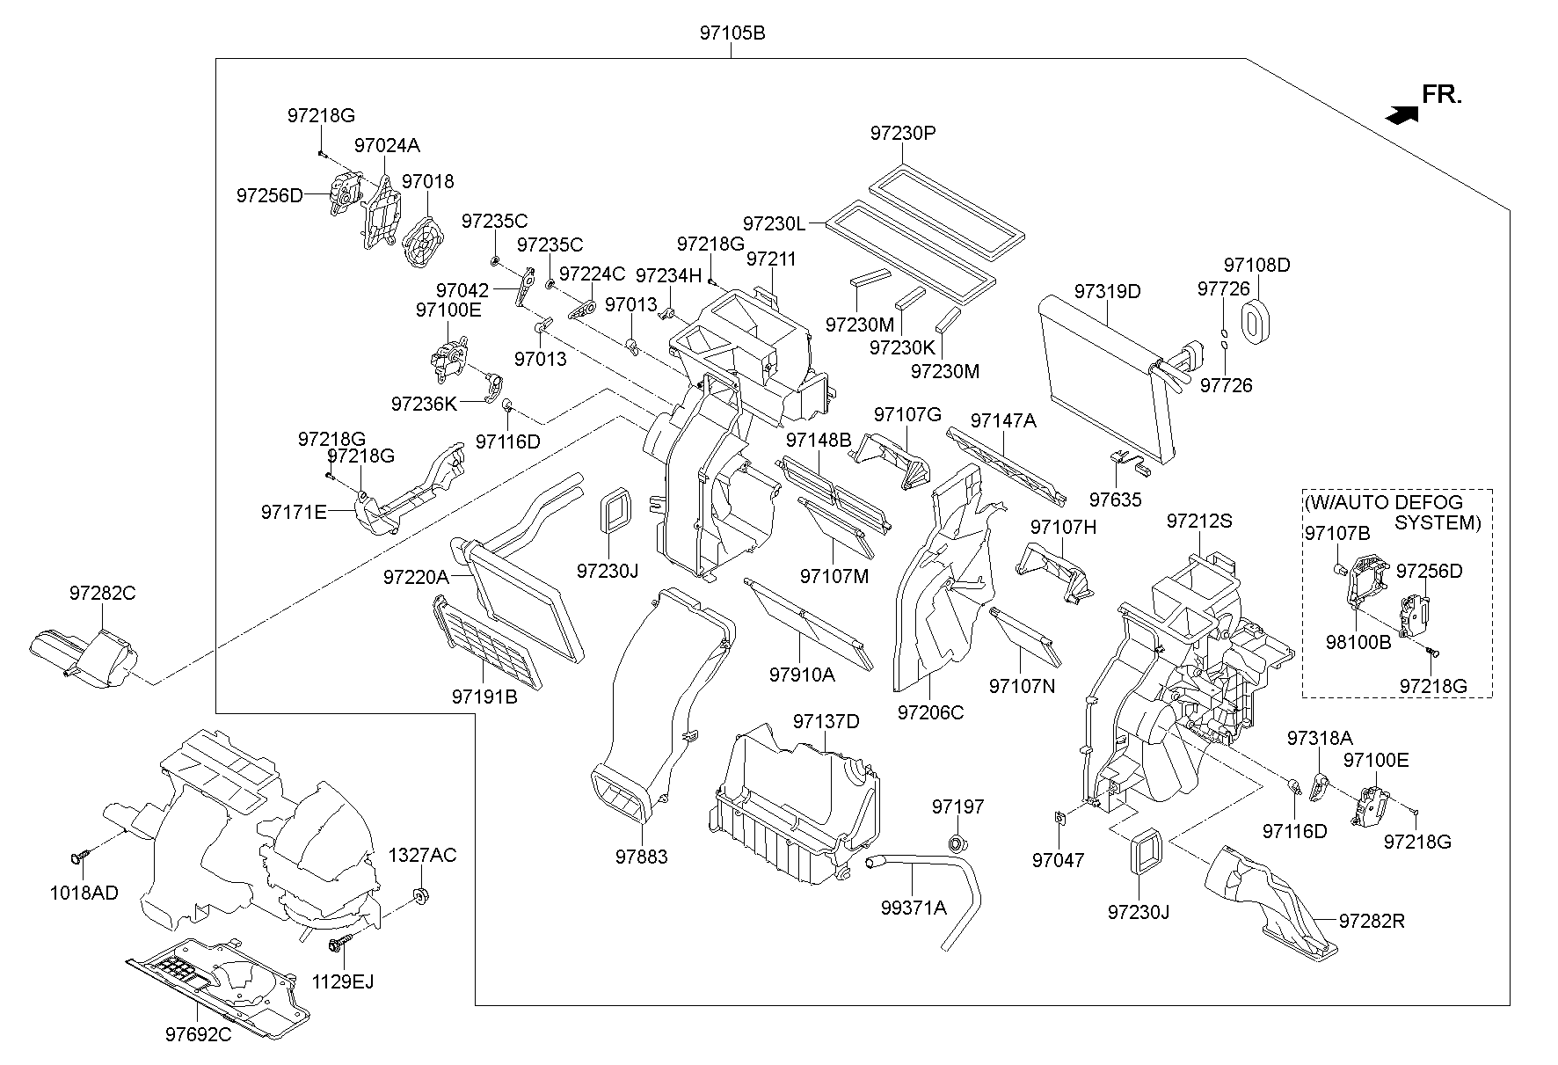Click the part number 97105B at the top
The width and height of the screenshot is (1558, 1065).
(x=732, y=33)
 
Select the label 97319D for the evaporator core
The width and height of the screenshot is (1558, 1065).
(x=1107, y=291)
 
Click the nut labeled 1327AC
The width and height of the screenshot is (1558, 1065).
(x=420, y=897)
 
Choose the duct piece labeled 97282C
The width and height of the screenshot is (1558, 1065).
(x=84, y=655)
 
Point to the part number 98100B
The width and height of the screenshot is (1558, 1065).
(x=1358, y=642)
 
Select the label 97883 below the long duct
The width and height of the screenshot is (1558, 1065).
(x=641, y=857)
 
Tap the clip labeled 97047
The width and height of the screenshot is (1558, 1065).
(x=1060, y=819)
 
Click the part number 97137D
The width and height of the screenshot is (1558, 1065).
(x=826, y=722)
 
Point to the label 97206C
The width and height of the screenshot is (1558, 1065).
(x=930, y=712)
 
